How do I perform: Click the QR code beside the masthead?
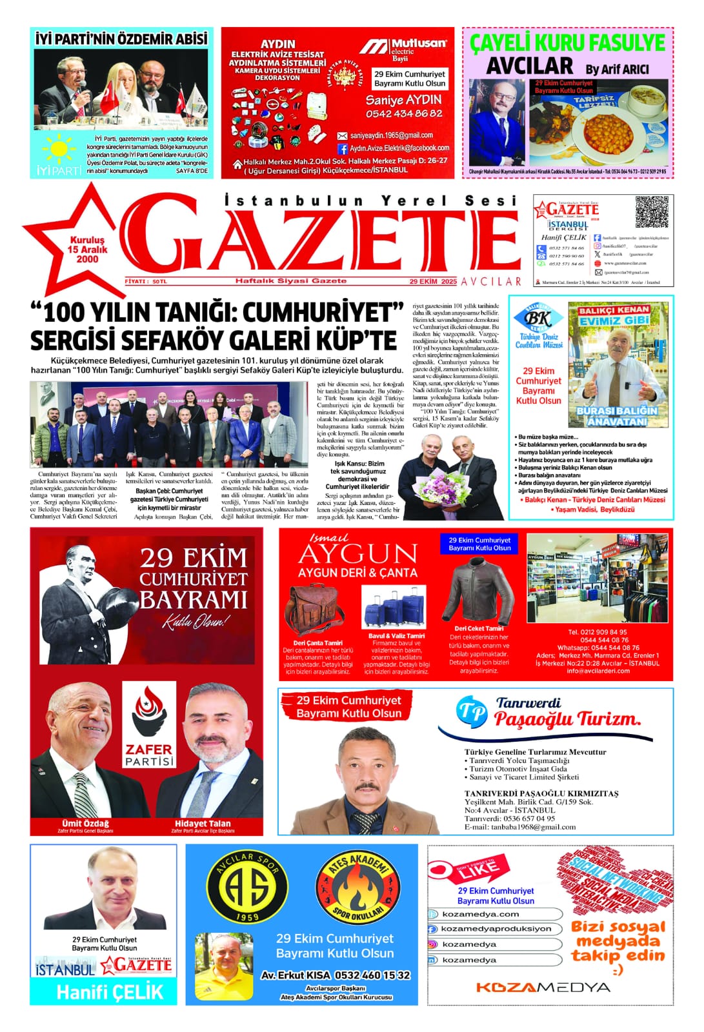(652, 212)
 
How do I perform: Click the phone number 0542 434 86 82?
(404, 114)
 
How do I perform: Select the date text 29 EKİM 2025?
(433, 281)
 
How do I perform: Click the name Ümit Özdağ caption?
(85, 823)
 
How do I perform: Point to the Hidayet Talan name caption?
(203, 823)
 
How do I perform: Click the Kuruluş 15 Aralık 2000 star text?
(87, 250)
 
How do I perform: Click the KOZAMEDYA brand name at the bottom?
(543, 987)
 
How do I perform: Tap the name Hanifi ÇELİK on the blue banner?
(110, 992)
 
